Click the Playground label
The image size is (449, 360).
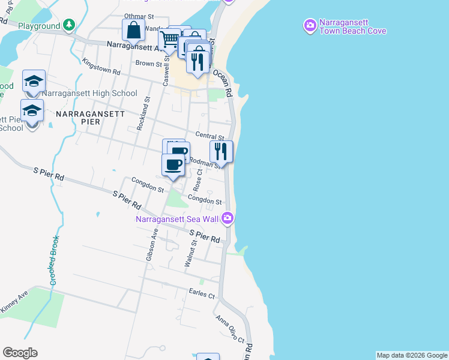pos(39,26)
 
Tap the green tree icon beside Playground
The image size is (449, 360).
pos(70,25)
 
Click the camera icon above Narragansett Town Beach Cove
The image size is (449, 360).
pos(310,26)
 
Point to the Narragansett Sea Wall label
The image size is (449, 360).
pos(176,219)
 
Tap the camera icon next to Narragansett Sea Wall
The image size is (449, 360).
pos(227,218)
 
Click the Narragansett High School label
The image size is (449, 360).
pos(89,94)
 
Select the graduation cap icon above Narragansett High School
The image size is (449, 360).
pos(34,81)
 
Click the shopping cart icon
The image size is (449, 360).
pos(169,40)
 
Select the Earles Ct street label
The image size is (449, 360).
pos(202,294)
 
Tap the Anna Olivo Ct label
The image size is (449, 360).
pos(231,329)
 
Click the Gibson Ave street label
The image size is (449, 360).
pos(151,245)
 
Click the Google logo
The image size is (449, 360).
pos(20,353)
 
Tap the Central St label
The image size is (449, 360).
pos(209,136)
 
